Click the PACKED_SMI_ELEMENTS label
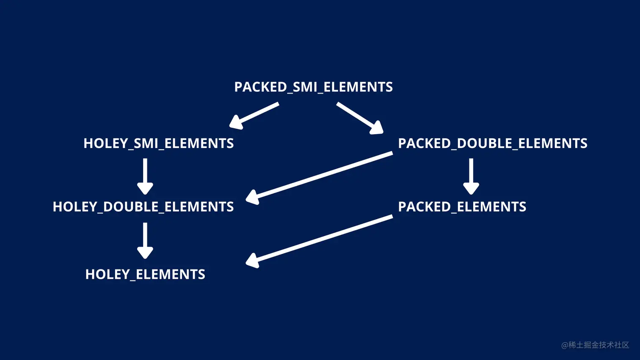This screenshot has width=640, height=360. [313, 87]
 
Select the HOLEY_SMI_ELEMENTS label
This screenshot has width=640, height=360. [158, 143]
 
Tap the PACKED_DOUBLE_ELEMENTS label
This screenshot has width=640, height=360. [492, 143]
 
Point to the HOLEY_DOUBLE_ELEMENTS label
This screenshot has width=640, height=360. [143, 207]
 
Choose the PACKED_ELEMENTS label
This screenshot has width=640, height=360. [462, 207]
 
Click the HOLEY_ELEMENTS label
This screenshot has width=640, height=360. [145, 275]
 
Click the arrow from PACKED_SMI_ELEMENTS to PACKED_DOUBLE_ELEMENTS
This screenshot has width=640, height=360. [359, 118]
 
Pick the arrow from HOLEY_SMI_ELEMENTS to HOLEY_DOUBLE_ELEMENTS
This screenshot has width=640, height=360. [145, 176]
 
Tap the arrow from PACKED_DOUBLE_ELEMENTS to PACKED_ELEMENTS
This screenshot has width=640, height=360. [471, 176]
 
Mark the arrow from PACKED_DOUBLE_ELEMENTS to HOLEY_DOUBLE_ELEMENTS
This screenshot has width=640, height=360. [320, 176]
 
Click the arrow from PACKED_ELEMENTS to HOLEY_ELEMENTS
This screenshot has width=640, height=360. [320, 240]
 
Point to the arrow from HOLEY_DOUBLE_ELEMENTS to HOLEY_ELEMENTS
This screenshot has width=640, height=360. [145, 240]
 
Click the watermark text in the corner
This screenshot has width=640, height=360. [595, 345]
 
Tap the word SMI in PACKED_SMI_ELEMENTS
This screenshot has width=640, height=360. [305, 87]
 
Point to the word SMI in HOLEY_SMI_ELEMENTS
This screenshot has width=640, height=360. [146, 143]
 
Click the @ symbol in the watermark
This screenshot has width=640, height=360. [565, 346]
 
